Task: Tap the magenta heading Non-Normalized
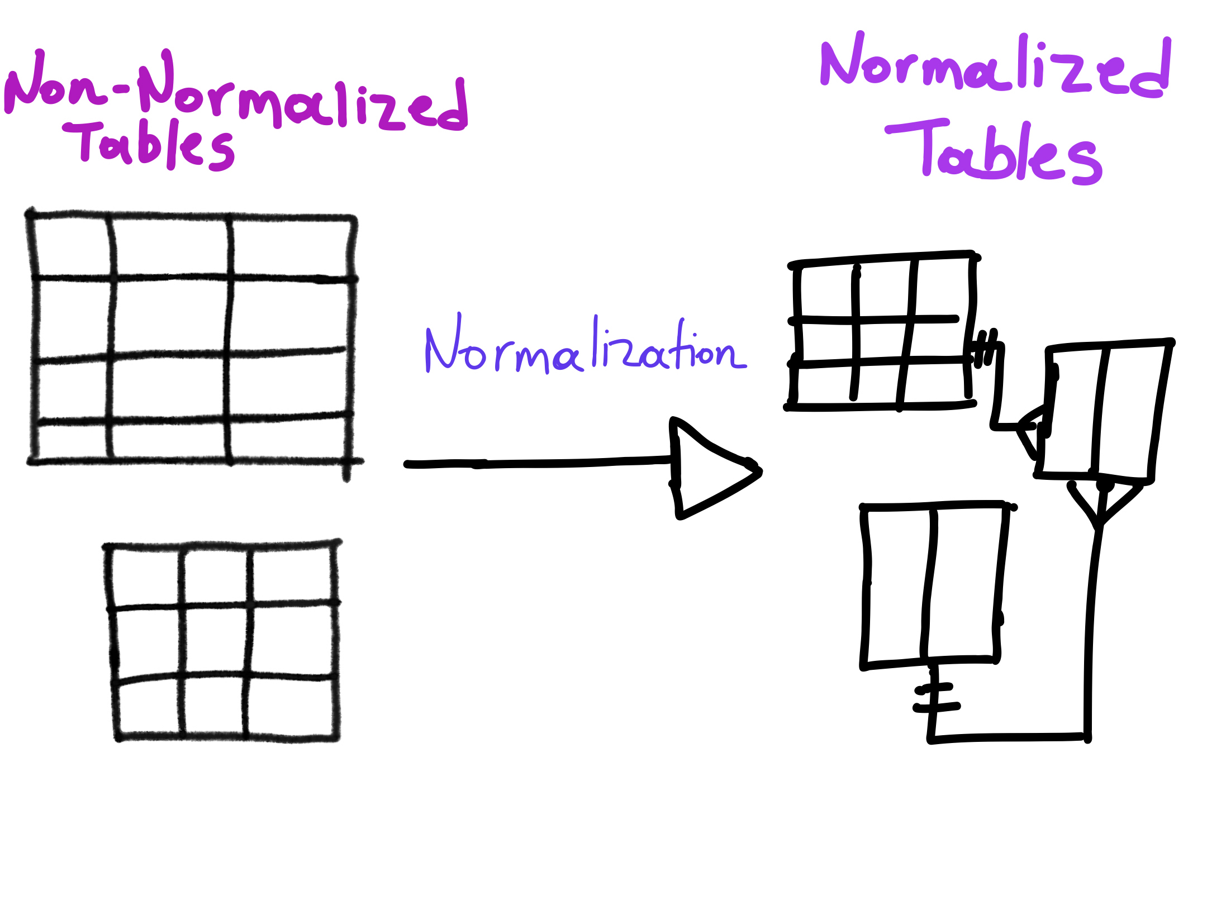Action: (235, 92)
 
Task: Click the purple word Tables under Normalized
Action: (995, 154)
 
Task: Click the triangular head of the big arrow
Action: (710, 468)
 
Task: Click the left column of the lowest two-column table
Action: (897, 584)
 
